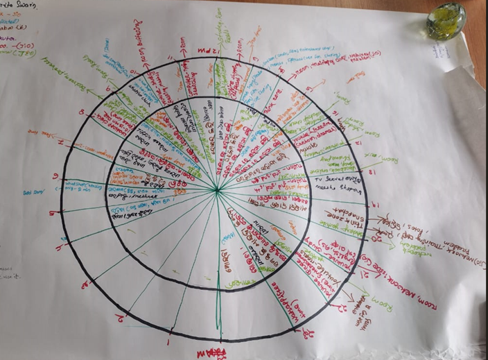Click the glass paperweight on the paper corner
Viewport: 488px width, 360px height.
448,22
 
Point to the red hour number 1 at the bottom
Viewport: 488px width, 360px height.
168,342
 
